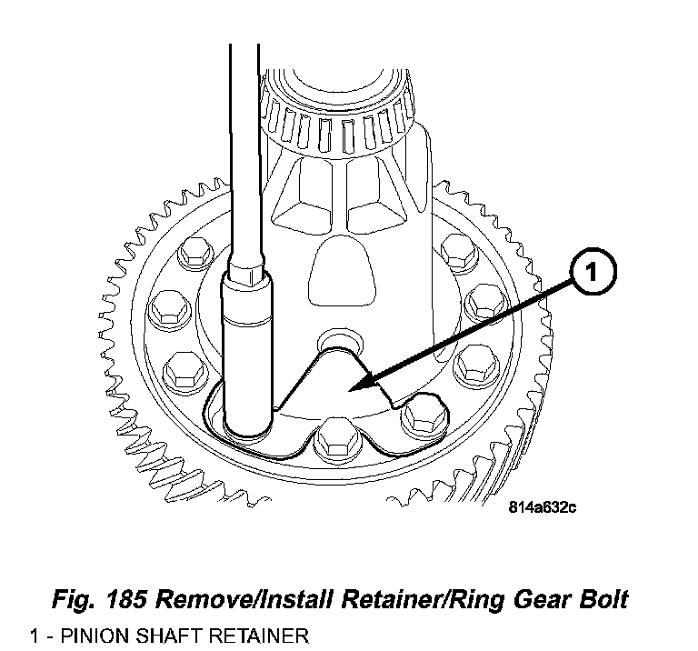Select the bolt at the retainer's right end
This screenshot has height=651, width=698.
point(422,415)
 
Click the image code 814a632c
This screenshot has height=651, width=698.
point(542,507)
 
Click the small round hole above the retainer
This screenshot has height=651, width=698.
point(334,342)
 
